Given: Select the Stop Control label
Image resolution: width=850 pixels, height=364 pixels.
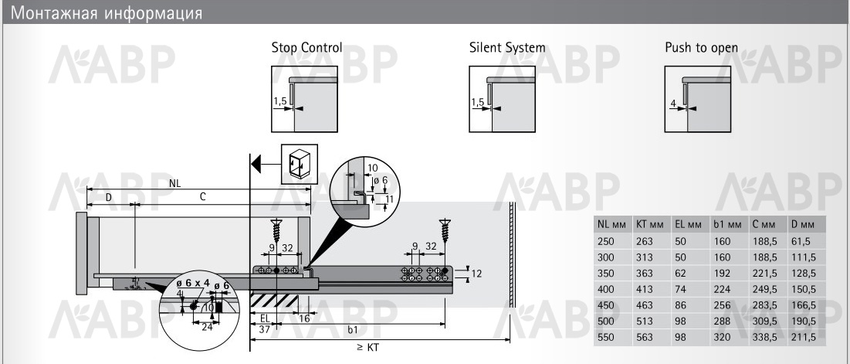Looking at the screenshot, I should tap(306, 48).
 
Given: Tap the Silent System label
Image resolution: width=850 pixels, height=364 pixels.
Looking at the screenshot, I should tap(507, 48).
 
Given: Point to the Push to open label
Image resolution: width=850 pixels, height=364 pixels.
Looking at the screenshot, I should tap(701, 48).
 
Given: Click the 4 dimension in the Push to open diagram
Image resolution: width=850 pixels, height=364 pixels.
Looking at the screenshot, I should tap(674, 104).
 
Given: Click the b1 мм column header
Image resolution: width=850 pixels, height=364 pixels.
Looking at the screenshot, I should tap(727, 224).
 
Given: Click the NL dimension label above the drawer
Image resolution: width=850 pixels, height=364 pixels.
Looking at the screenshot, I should tap(174, 184).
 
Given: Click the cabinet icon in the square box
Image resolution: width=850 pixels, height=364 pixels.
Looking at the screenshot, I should tap(296, 164).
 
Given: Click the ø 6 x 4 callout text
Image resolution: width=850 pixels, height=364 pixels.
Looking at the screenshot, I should tap(193, 284).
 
